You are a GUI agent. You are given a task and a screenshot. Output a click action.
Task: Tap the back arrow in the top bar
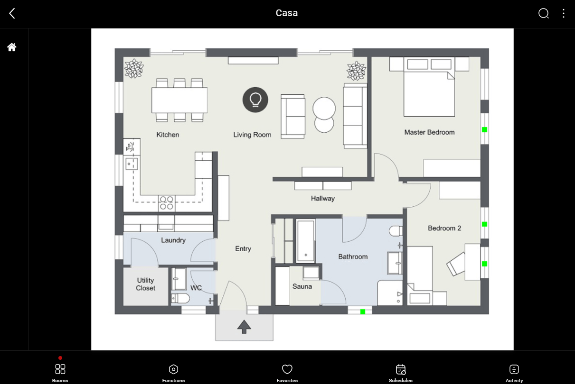point(12,13)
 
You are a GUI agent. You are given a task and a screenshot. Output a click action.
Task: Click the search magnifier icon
point(544,13)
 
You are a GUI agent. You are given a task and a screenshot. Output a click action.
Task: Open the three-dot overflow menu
point(564,13)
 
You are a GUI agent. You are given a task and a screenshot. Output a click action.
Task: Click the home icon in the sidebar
point(12,47)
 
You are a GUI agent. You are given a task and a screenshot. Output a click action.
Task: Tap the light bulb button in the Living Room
point(255,100)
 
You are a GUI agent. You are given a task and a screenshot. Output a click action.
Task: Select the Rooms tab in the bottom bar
point(60,373)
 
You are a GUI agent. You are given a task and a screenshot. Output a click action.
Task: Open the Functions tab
point(173,373)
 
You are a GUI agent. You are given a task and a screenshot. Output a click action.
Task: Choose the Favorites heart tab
point(287,373)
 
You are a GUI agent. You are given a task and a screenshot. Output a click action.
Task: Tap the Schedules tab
point(400,373)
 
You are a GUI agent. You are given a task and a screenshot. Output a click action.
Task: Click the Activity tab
point(514,373)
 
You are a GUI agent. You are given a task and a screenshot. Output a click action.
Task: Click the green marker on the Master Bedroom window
point(484,130)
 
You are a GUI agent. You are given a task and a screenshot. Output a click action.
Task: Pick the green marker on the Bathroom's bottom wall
point(363,312)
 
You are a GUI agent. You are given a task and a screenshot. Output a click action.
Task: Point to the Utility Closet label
point(146,284)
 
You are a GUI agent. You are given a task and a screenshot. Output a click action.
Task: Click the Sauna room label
point(302,286)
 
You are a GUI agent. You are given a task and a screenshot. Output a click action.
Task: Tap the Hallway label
point(323,199)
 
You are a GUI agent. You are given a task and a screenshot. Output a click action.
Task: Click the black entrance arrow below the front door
point(244,327)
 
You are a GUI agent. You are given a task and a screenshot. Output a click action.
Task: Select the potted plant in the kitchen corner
point(134,68)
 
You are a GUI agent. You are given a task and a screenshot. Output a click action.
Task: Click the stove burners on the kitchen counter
point(166,203)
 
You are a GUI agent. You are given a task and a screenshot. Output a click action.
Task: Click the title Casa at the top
point(287,13)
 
